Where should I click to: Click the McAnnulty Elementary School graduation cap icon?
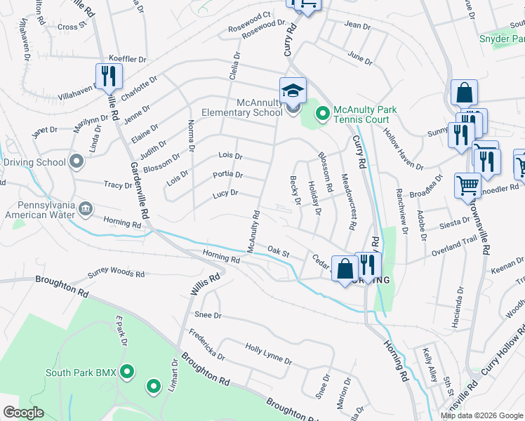pyautogui.click(x=293, y=90)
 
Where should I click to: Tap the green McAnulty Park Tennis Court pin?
pyautogui.click(x=322, y=112)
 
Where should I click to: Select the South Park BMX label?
pyautogui.click(x=81, y=372)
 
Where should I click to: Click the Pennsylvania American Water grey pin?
pyautogui.click(x=86, y=208)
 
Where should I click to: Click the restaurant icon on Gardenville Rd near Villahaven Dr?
pyautogui.click(x=108, y=76)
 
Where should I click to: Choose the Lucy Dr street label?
pyautogui.click(x=225, y=193)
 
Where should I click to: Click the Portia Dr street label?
pyautogui.click(x=228, y=175)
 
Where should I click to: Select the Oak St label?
pyautogui.click(x=279, y=250)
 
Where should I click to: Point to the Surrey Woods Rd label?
pyautogui.click(x=116, y=274)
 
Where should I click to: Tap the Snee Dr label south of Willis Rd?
pyautogui.click(x=208, y=316)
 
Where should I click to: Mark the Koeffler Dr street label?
pyautogui.click(x=127, y=60)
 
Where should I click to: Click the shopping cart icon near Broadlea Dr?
pyautogui.click(x=467, y=186)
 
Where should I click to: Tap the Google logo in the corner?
pyautogui.click(x=23, y=413)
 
